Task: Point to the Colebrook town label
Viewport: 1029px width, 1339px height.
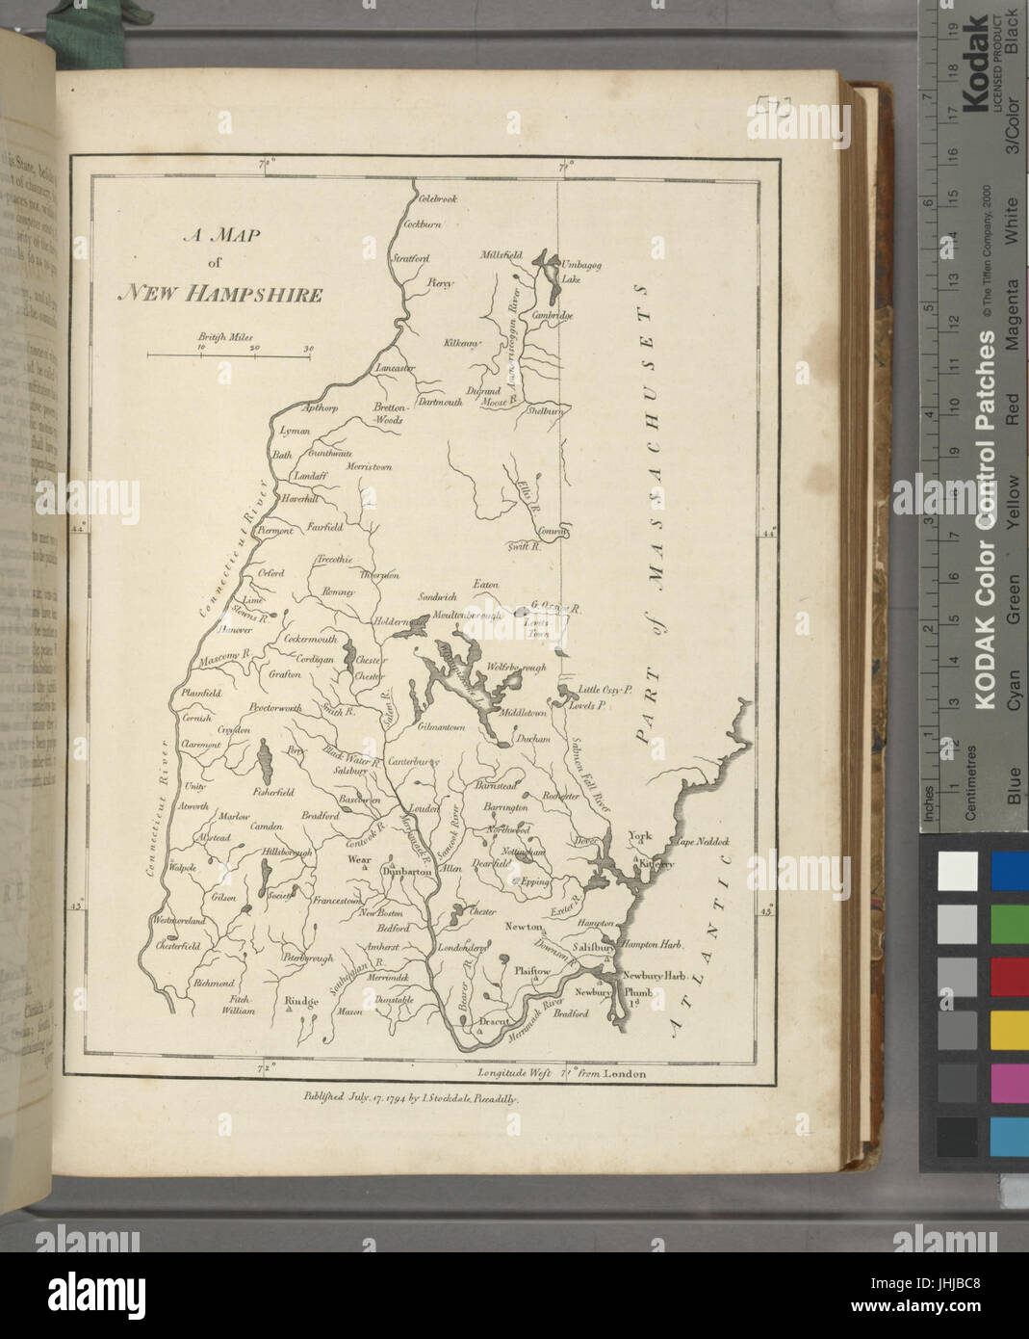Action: tap(437, 198)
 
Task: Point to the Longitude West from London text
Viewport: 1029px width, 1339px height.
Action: tap(561, 1072)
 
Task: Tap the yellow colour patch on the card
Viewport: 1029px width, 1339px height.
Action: tap(1009, 1032)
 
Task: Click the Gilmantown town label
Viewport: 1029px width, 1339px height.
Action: tap(442, 728)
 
